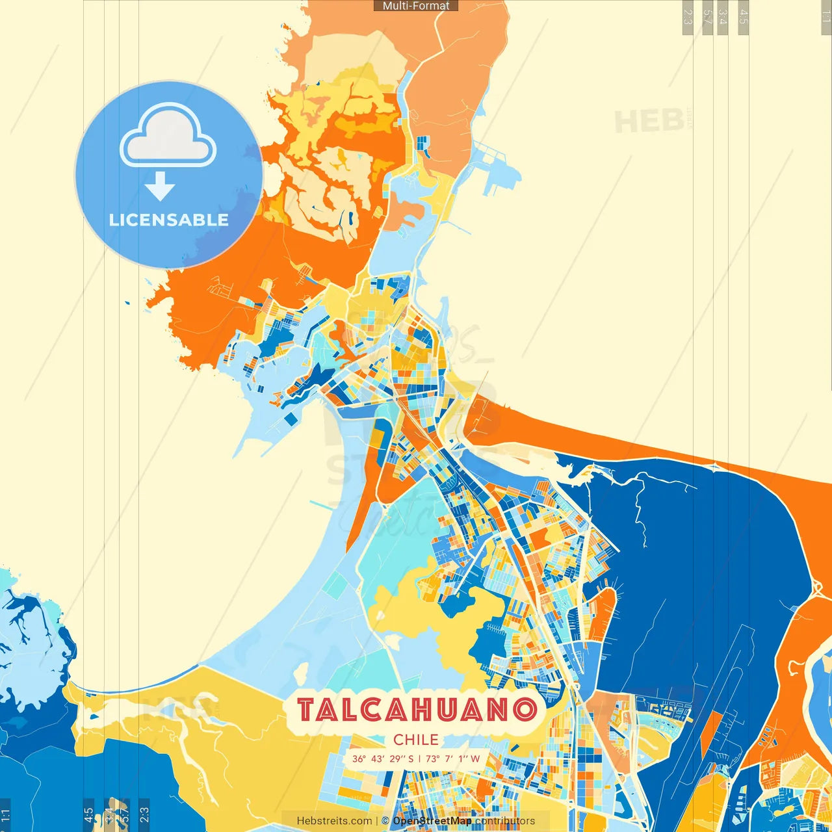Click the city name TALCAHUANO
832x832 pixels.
coord(417,710)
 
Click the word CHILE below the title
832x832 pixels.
coord(416,740)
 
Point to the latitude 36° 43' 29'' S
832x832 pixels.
coord(383,759)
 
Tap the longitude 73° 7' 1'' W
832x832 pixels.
coord(452,759)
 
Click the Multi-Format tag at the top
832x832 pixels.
coord(416,6)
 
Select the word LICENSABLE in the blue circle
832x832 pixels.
coord(169,220)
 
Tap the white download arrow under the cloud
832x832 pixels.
coord(160,187)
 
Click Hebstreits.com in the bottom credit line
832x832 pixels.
coord(334,821)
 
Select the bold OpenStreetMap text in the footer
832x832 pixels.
coord(432,821)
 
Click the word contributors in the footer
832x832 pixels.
coord(505,821)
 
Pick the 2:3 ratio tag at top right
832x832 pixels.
coord(688,17)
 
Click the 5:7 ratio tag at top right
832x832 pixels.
coord(707,17)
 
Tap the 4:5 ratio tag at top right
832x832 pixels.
coord(744,17)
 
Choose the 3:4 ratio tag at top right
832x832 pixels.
coord(722,17)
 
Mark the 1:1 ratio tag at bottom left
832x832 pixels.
coord(5,815)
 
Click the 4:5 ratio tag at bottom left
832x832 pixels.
coord(88,815)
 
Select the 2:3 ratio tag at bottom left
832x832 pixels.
coord(144,815)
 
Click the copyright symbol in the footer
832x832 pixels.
coord(385,821)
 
